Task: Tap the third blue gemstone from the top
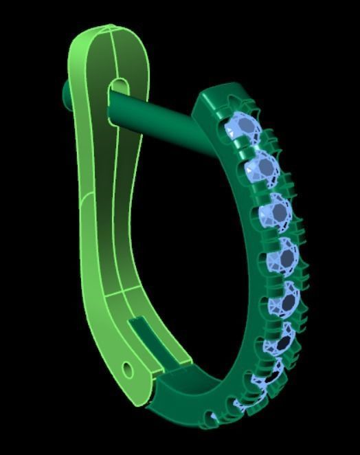279,212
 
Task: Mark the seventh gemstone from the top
272,375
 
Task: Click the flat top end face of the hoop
218,96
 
